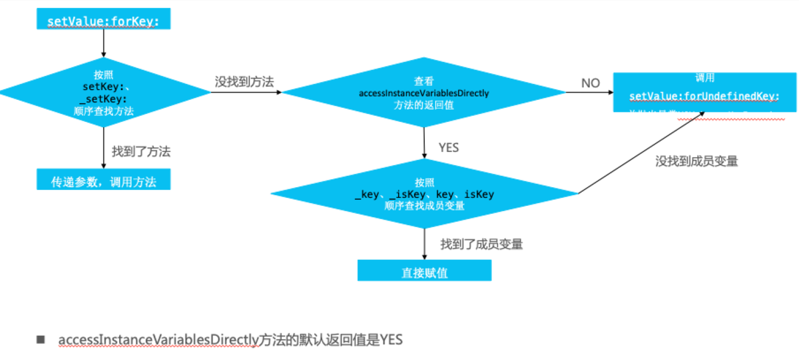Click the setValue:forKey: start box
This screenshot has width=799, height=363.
click(x=103, y=21)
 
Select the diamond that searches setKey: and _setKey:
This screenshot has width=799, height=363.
click(x=104, y=93)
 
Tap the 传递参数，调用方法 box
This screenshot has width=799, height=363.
click(x=103, y=181)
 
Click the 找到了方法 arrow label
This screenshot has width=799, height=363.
click(x=141, y=152)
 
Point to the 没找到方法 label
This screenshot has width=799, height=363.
click(x=244, y=81)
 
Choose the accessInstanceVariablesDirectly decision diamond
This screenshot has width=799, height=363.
click(x=423, y=93)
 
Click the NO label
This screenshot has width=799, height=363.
click(x=591, y=83)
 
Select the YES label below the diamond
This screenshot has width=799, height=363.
click(x=449, y=147)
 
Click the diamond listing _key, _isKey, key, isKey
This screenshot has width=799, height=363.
click(x=424, y=194)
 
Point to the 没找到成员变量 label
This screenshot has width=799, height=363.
click(x=696, y=161)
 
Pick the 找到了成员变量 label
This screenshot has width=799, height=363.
click(x=481, y=244)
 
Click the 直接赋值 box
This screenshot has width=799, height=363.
click(x=424, y=271)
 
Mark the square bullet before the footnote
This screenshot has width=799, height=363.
click(x=41, y=340)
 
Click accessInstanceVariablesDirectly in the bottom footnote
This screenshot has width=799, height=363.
click(x=158, y=340)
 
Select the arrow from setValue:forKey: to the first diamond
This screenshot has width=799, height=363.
click(x=104, y=44)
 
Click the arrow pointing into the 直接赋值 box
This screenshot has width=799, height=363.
click(x=424, y=243)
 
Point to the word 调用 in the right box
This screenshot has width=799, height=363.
click(x=704, y=77)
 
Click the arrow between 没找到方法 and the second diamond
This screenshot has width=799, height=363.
click(x=246, y=93)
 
